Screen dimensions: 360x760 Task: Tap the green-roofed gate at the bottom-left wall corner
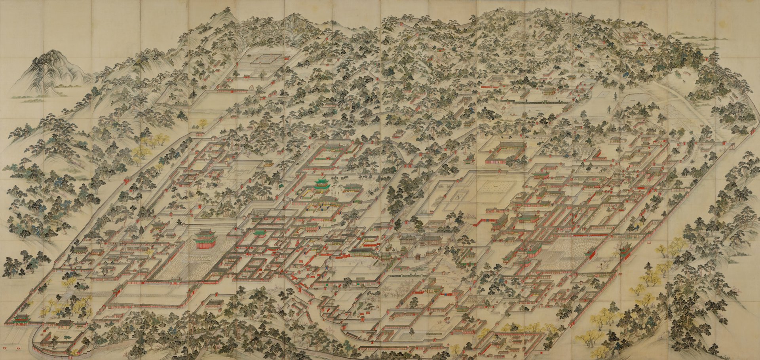click(21, 319)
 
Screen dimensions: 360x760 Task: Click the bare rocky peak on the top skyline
click(294, 20)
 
